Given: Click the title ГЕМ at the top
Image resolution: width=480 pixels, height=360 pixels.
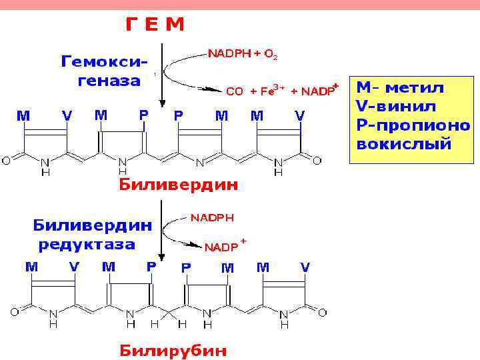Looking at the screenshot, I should (x=154, y=25).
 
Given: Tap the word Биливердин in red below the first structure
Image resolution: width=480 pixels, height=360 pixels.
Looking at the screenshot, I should (x=178, y=185).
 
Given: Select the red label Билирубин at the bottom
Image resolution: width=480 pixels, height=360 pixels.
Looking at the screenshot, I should (x=173, y=349).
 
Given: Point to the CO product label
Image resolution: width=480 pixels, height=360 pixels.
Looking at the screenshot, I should (x=235, y=92).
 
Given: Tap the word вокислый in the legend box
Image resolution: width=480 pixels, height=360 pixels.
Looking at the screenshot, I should (x=404, y=143).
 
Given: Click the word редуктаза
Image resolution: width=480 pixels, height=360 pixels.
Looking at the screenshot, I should (x=87, y=244).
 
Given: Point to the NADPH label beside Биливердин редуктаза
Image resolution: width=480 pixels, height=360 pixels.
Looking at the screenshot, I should (x=213, y=218).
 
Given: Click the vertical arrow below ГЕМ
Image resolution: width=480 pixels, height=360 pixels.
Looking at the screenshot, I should (x=161, y=73).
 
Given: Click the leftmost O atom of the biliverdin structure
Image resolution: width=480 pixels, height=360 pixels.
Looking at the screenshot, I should (x=6, y=160).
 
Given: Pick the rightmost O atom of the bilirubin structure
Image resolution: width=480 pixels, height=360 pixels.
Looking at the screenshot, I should (x=323, y=311).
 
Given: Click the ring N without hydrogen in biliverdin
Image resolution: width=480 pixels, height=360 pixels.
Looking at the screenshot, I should (x=199, y=161).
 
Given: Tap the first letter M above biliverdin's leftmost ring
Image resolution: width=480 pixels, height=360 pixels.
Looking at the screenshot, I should (x=23, y=115).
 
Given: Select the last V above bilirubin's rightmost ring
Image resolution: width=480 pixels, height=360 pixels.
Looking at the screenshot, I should (x=305, y=267).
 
